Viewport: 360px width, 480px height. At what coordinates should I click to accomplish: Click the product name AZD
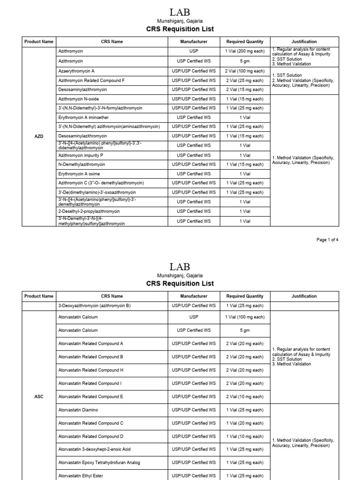coord(39,136)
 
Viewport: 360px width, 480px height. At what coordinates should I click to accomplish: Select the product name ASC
coord(39,397)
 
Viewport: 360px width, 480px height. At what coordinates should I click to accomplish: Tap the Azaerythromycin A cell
coord(76,71)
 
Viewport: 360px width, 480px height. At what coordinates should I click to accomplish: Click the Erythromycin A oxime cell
coord(79,174)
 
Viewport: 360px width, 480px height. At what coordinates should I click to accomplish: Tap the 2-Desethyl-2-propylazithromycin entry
coord(89,211)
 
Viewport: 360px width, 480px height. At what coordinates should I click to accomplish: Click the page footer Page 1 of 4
coord(327,240)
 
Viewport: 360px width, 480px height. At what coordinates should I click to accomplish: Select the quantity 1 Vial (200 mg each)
coord(245,52)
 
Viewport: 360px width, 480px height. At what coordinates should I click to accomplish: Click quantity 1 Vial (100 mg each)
coord(245,317)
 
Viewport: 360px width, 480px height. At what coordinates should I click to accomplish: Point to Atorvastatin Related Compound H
coord(90,370)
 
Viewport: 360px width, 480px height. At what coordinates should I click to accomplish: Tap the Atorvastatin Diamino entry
coord(78,410)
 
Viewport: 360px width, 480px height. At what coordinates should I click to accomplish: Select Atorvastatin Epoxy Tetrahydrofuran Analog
coord(99,463)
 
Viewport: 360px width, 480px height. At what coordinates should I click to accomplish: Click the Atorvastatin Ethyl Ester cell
coord(80,476)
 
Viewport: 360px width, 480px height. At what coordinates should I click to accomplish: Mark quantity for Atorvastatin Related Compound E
coord(245,397)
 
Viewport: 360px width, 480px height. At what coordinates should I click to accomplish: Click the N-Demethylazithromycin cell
coord(82,165)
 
